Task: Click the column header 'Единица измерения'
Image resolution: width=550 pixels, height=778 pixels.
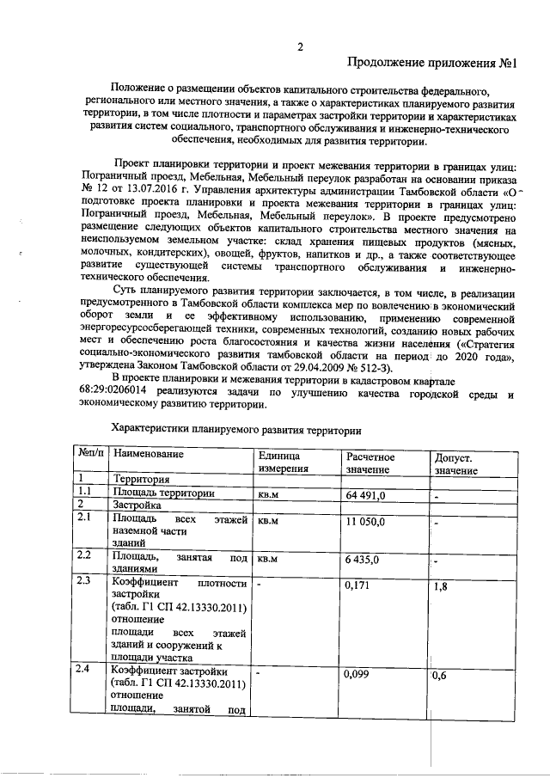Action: [x=280, y=462]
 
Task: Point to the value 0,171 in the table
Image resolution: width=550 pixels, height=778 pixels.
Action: [x=357, y=585]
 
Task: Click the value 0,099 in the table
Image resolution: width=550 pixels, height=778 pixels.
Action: [x=357, y=676]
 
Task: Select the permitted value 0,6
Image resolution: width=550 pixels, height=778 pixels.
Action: [x=439, y=677]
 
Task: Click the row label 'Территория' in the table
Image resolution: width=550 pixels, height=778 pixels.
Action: [x=141, y=480]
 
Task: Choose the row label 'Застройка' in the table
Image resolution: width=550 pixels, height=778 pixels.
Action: [x=138, y=506]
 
